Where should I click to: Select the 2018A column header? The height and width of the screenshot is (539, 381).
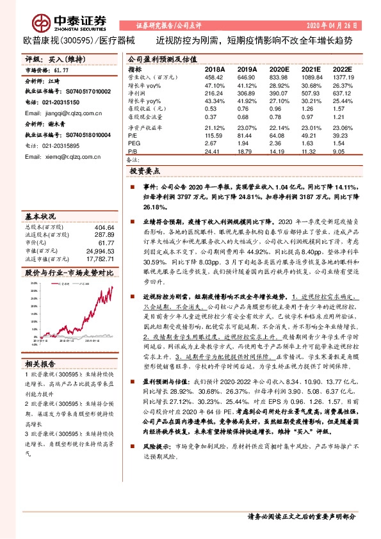coord(215,68)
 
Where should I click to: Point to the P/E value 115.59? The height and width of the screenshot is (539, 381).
coord(215,136)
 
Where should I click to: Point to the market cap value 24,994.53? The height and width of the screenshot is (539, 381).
coord(99,251)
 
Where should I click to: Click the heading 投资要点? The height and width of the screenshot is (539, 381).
coord(145,172)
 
